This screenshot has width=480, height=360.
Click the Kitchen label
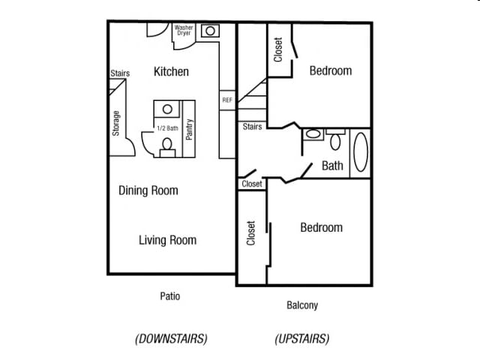(171, 72)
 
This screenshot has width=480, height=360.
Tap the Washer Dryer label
(184, 31)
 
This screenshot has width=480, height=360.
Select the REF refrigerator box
(227, 100)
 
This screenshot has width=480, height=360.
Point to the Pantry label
(190, 129)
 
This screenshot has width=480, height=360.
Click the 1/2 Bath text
(167, 128)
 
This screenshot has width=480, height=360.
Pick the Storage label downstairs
(116, 124)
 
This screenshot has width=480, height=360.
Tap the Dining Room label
(148, 190)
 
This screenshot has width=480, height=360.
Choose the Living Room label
(167, 240)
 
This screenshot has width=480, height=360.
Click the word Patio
(169, 296)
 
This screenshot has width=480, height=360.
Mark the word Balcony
(302, 305)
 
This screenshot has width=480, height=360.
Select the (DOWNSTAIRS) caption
(171, 338)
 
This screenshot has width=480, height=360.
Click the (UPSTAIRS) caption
(301, 338)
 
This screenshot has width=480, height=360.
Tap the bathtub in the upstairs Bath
(361, 153)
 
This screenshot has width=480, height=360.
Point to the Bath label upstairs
(332, 166)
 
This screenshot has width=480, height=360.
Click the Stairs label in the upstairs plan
(252, 127)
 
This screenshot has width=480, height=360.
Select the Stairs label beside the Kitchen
(120, 73)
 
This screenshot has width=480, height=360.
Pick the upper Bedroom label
(330, 70)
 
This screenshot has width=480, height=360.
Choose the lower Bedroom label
(321, 227)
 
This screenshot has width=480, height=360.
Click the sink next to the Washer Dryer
(211, 31)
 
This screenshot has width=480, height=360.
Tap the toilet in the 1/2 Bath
(166, 145)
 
